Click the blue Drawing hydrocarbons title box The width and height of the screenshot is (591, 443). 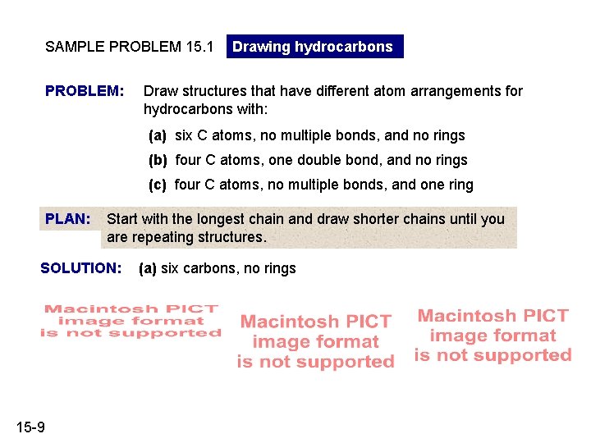point(314,46)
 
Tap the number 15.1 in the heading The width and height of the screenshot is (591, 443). point(199,47)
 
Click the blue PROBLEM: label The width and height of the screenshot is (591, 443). point(85,91)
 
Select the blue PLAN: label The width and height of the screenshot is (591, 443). point(68,219)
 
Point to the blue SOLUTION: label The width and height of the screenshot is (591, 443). point(81,268)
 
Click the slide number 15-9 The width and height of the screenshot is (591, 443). point(30,427)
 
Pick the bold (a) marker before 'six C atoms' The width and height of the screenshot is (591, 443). point(158,135)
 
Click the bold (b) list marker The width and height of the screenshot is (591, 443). point(158,160)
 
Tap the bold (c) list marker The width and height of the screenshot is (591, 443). point(158,185)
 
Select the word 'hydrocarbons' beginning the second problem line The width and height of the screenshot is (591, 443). point(188,109)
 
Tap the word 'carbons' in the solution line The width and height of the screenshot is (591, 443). point(211,268)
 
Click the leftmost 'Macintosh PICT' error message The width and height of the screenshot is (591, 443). point(131,321)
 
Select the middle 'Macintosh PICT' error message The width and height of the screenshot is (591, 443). point(316,341)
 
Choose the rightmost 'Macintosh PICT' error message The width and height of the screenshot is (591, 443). point(493,336)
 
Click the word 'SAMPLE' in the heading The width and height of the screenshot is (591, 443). point(75,47)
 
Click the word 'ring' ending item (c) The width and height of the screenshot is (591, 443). point(460,185)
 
